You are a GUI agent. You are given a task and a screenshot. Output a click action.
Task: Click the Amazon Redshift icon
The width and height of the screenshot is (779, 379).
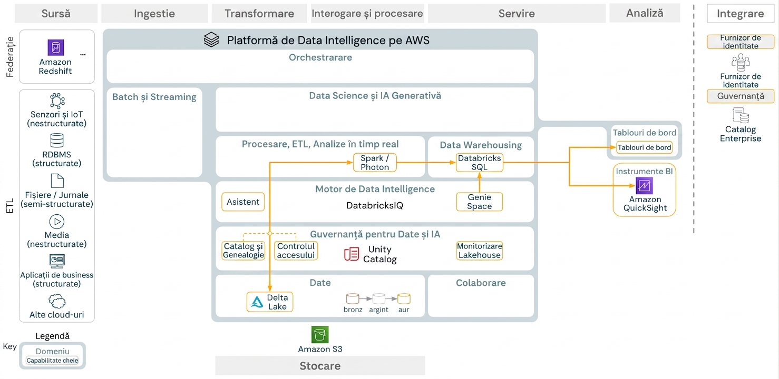point(56,47)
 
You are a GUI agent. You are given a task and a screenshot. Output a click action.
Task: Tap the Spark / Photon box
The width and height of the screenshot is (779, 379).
point(375,163)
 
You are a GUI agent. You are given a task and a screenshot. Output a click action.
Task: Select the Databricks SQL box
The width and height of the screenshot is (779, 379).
point(479,163)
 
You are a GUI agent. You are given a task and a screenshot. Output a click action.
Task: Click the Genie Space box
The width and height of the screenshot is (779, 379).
point(479,202)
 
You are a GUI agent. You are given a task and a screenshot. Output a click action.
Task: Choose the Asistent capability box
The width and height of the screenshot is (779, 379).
point(243,202)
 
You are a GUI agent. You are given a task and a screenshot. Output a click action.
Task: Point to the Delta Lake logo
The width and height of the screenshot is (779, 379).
point(257,302)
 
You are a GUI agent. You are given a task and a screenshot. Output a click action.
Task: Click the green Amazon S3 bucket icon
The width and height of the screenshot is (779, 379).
point(320,335)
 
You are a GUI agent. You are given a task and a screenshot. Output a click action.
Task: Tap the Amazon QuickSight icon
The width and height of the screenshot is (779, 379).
point(644,186)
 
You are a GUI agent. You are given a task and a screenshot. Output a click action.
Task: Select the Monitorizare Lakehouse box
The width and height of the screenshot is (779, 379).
point(479,251)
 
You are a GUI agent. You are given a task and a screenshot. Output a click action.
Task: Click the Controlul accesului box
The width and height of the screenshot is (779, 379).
point(296,251)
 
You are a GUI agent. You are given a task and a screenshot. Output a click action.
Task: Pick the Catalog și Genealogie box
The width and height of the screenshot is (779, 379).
point(244,251)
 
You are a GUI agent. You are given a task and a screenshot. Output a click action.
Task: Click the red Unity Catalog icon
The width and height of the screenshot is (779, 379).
point(351,254)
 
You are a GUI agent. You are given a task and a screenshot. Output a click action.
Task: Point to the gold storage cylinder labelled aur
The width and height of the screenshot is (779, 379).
point(404,298)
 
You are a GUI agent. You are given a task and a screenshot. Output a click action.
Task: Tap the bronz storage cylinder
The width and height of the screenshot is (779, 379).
point(353,298)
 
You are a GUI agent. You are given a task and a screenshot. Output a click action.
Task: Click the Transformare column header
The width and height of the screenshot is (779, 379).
point(259,14)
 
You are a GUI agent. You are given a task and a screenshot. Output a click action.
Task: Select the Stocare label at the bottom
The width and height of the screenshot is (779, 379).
point(320,366)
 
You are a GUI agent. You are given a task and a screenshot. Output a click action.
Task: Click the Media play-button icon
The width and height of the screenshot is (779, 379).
point(57,222)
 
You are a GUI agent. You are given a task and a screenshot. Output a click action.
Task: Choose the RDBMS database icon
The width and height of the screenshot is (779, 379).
point(57,141)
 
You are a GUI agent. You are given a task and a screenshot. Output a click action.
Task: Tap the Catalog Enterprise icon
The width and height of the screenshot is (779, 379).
point(741,115)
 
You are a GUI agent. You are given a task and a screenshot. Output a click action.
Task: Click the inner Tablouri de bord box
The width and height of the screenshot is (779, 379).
point(644,147)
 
